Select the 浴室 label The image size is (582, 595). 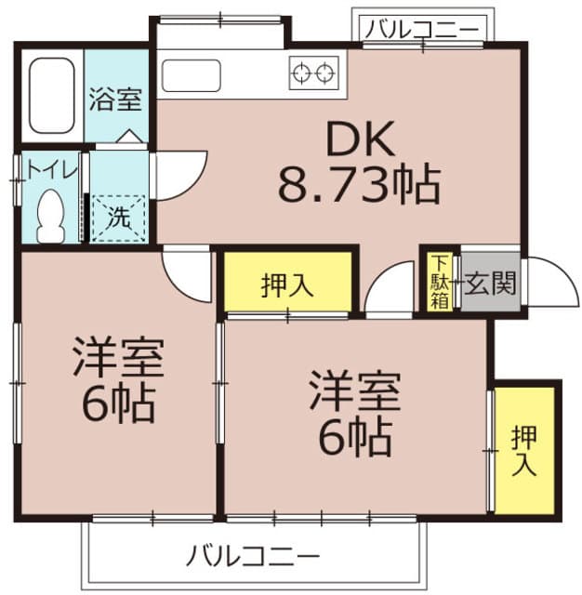coord(116,99)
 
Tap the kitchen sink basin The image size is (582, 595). coord(191,74)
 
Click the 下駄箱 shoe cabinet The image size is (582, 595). coord(439,282)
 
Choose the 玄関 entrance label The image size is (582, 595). coord(490,282)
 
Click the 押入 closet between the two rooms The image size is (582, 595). coord(286,284)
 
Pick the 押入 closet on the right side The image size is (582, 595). coord(525,449)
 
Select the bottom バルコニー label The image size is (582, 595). coord(253,556)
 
